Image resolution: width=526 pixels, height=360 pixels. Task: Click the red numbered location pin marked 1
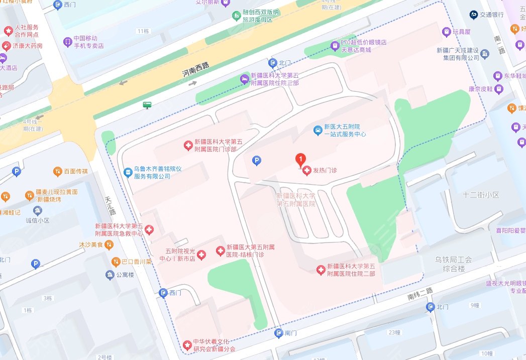coord(300,160)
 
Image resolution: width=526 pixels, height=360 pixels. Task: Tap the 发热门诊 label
coord(325,171)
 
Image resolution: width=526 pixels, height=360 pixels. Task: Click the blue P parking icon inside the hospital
coord(257,161)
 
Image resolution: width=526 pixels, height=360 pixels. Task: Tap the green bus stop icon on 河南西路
coord(147,105)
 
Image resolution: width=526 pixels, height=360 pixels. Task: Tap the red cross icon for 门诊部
coord(188,146)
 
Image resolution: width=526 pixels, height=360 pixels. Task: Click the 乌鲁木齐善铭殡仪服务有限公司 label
coord(158,173)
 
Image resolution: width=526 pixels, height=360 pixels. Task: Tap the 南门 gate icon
coord(279,333)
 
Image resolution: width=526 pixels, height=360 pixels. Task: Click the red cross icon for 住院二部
coord(321,270)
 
